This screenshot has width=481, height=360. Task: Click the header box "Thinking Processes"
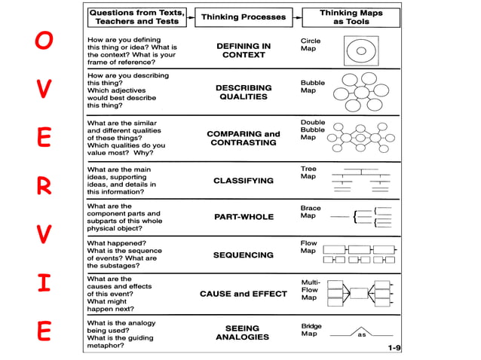click(243, 17)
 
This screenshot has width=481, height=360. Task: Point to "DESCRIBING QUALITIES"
click(243, 93)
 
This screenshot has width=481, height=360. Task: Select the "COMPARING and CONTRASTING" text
click(243, 139)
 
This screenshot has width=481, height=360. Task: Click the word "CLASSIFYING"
click(243, 181)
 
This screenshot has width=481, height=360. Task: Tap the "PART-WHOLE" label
click(243, 217)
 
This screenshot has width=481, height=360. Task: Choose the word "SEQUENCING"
click(243, 255)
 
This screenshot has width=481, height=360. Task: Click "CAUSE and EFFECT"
click(243, 294)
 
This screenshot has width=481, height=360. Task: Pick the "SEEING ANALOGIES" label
click(243, 333)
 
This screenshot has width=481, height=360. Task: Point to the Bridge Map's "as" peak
click(361, 332)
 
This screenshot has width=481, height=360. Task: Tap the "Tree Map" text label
click(309, 173)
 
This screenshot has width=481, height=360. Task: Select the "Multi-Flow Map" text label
click(310, 289)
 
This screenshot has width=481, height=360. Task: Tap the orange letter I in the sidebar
click(44, 284)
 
